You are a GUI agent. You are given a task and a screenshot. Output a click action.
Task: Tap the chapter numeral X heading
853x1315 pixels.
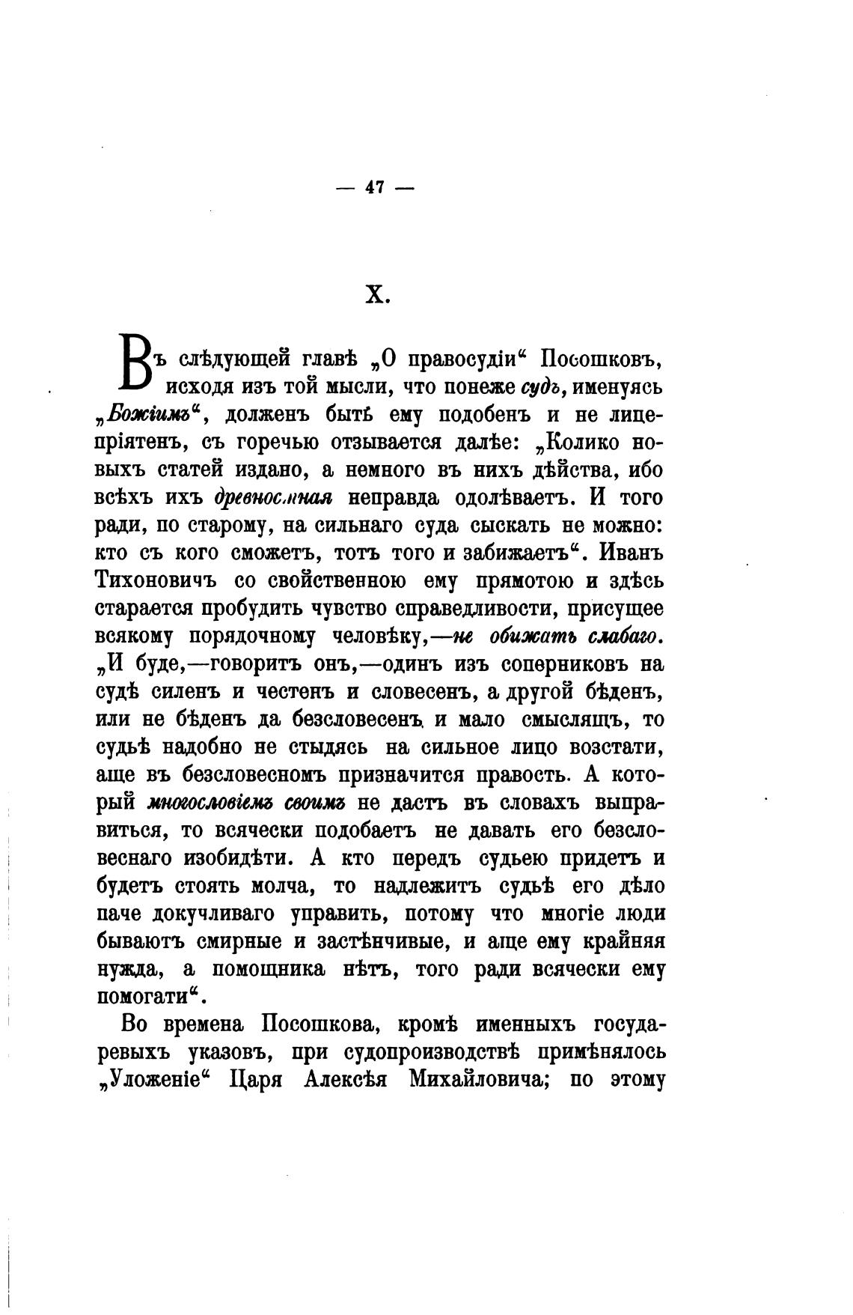click(x=377, y=296)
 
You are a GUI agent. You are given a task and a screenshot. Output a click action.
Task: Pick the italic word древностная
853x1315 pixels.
click(x=273, y=498)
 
